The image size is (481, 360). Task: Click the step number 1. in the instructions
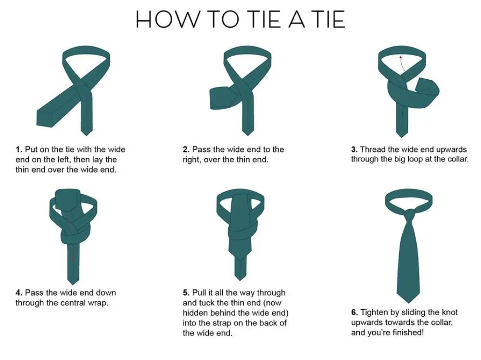pyautogui.click(x=19, y=149)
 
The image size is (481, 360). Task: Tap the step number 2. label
pyautogui.click(x=186, y=149)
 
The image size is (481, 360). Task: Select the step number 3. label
pyautogui.click(x=354, y=149)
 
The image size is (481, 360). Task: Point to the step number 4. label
pyautogui.click(x=19, y=293)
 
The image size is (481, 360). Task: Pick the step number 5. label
pyautogui.click(x=186, y=293)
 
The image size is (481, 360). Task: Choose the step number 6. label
pyautogui.click(x=354, y=312)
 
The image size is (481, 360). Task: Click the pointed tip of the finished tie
pyautogui.click(x=407, y=300)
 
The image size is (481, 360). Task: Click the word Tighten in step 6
pyautogui.click(x=375, y=312)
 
